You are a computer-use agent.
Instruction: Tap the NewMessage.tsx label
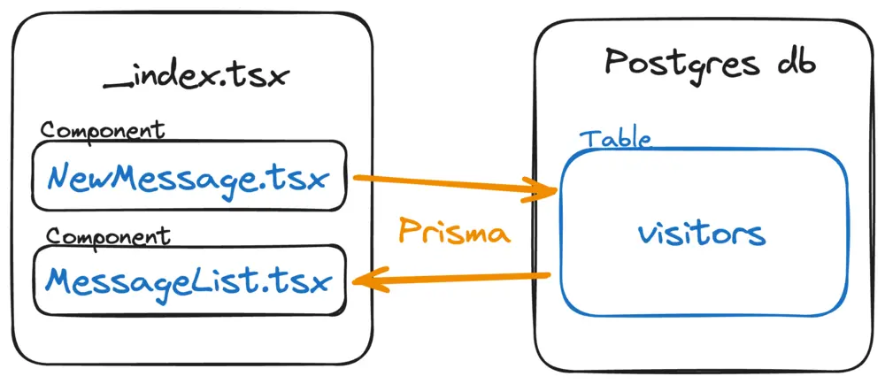click(188, 180)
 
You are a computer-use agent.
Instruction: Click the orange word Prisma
click(453, 232)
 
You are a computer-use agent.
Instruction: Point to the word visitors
click(700, 234)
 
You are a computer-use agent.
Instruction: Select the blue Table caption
click(615, 139)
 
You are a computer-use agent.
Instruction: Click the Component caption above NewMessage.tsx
click(103, 130)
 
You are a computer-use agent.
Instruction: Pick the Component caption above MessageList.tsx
click(108, 236)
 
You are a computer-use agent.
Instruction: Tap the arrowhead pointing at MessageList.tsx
click(363, 282)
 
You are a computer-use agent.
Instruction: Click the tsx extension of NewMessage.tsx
click(302, 180)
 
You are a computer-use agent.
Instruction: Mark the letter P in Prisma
click(409, 232)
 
